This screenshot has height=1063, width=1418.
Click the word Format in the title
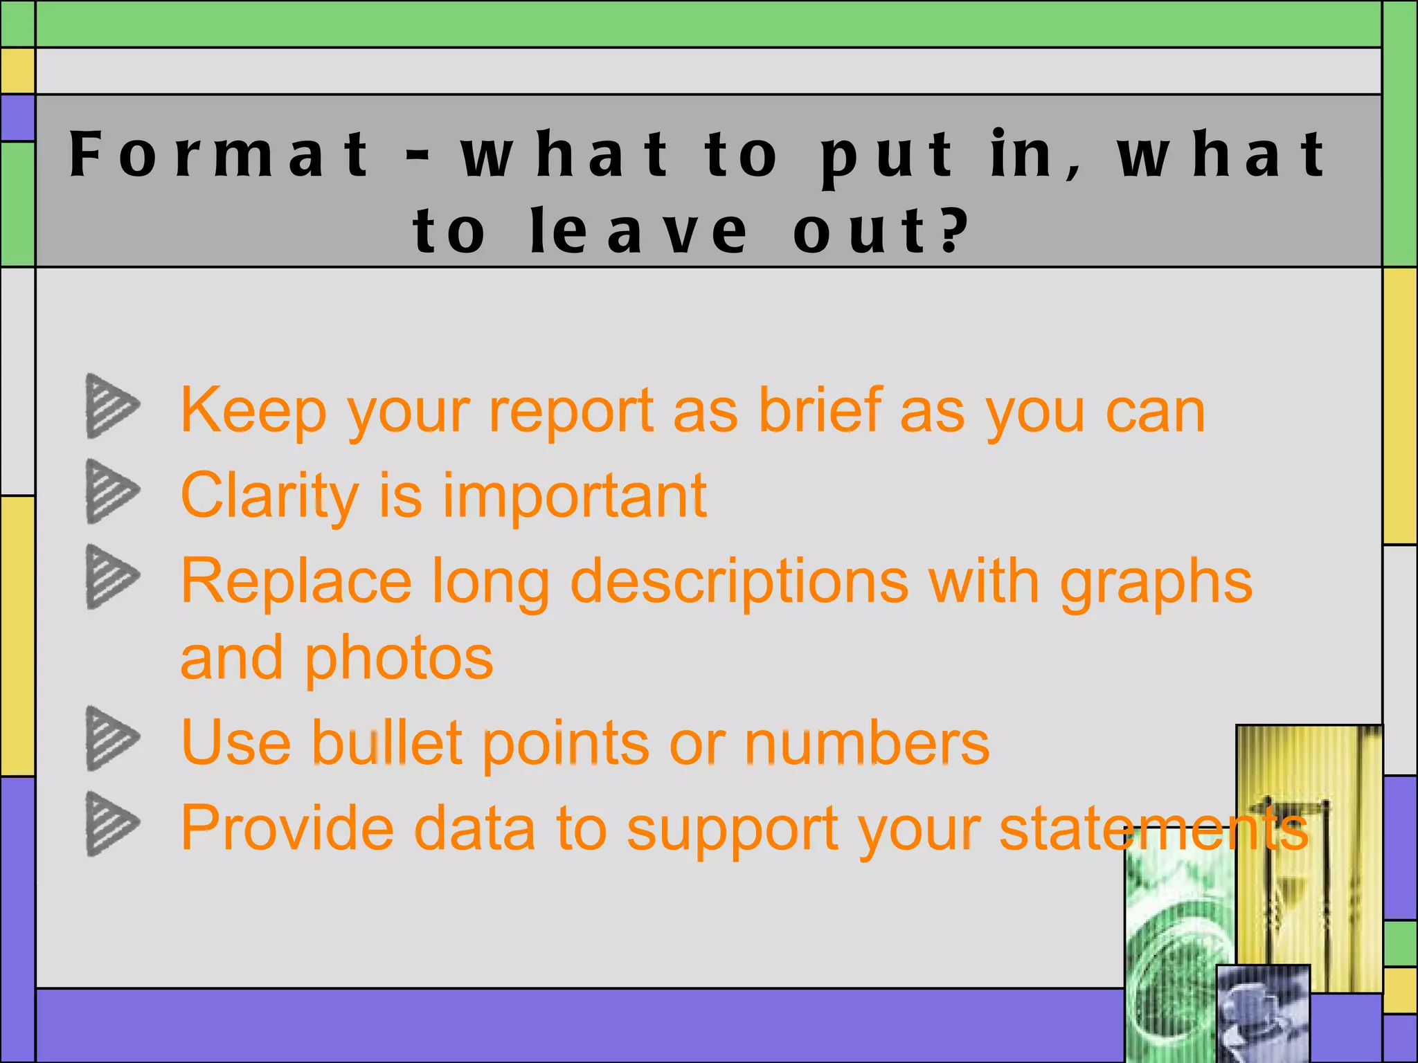pyautogui.click(x=220, y=154)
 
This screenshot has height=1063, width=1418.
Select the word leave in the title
pyautogui.click(x=638, y=231)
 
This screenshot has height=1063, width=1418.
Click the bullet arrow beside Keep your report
pyautogui.click(x=111, y=406)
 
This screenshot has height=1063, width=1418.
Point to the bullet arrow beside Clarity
pyautogui.click(x=111, y=491)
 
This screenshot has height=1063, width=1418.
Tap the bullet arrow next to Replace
pyautogui.click(x=111, y=576)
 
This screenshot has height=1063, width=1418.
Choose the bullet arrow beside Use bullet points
pyautogui.click(x=111, y=738)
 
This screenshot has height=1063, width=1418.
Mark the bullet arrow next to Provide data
pyautogui.click(x=111, y=824)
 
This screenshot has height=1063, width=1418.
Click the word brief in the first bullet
pyautogui.click(x=820, y=410)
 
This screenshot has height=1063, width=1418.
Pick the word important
pyautogui.click(x=575, y=496)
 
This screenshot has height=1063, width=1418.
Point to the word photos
pyautogui.click(x=399, y=658)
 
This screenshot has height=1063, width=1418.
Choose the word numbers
pyautogui.click(x=867, y=743)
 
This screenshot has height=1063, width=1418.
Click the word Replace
pyautogui.click(x=296, y=581)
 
